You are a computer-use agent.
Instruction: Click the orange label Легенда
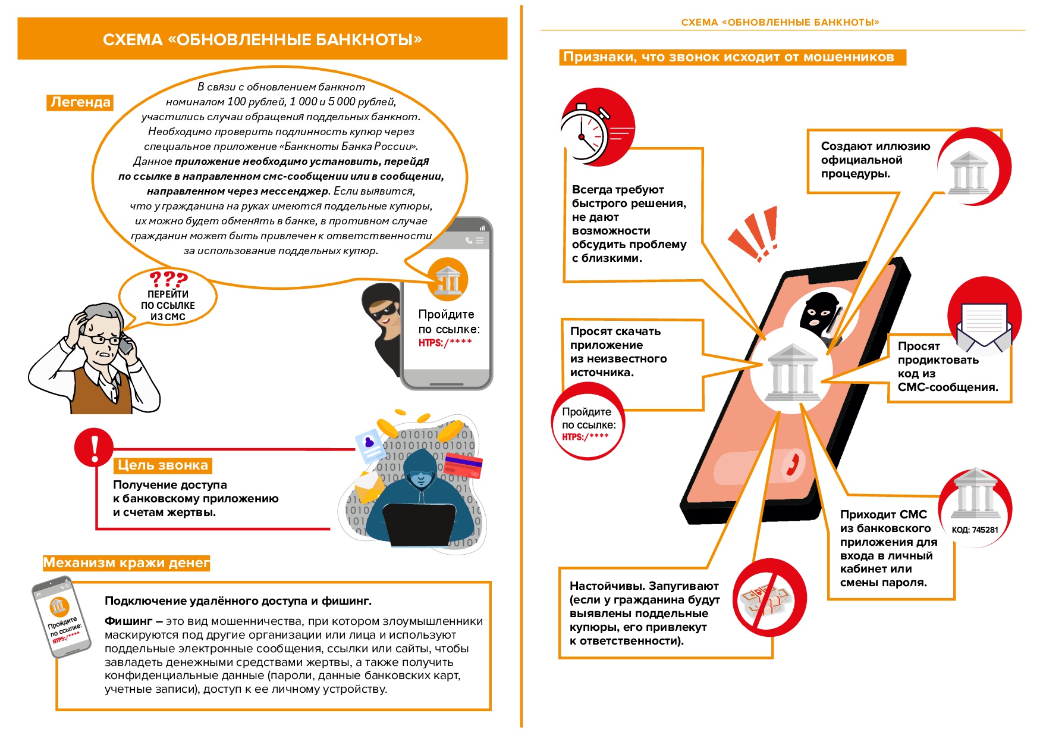(x=80, y=102)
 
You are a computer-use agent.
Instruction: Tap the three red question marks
(x=168, y=279)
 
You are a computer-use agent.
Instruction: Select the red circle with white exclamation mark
(x=94, y=447)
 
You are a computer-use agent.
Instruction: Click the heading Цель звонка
(x=162, y=465)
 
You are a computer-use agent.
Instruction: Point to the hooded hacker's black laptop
(x=419, y=524)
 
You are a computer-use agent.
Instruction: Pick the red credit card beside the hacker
(x=463, y=465)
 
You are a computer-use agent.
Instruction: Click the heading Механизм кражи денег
(x=126, y=562)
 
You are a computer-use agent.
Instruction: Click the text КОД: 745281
(x=975, y=530)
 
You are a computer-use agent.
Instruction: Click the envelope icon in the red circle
(x=984, y=324)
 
